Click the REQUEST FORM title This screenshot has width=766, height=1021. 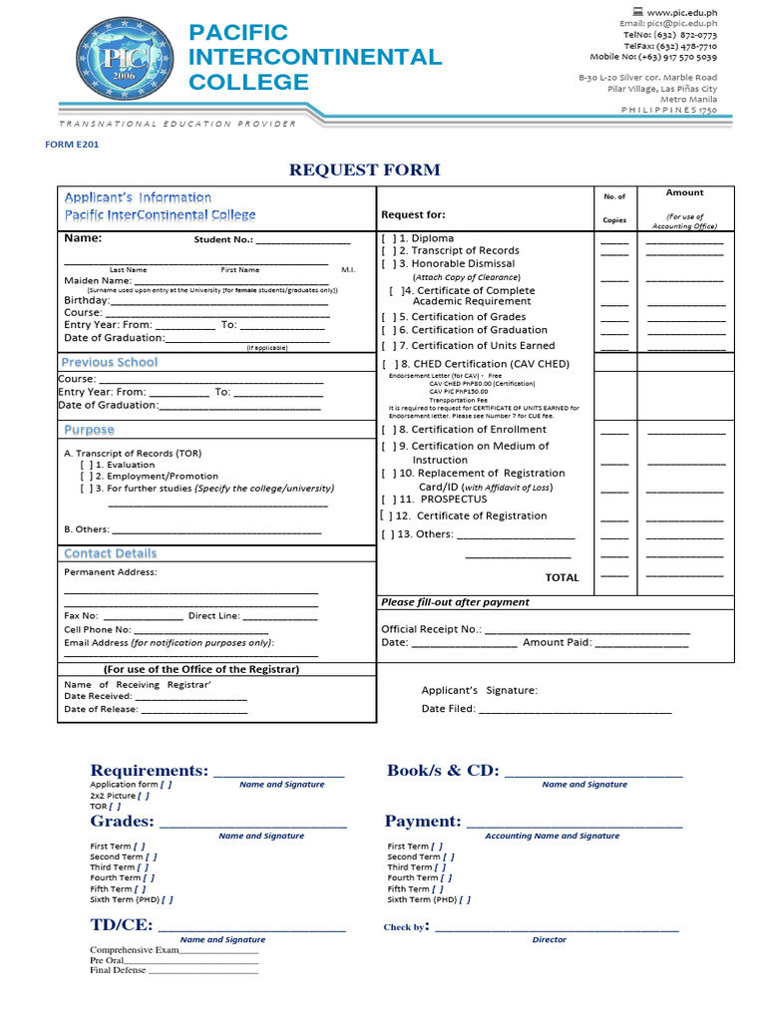pyautogui.click(x=364, y=170)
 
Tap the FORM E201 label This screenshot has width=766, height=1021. pyautogui.click(x=72, y=145)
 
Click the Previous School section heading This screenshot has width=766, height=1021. pyautogui.click(x=110, y=362)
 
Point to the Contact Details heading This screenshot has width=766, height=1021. pyautogui.click(x=110, y=553)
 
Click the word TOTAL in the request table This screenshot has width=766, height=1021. pyautogui.click(x=562, y=577)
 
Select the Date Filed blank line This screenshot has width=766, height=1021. pyautogui.click(x=574, y=711)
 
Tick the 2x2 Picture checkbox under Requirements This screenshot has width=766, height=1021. pyautogui.click(x=144, y=796)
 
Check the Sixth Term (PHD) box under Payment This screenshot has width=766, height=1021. pyautogui.click(x=465, y=899)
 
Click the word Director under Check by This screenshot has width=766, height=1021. pyautogui.click(x=549, y=939)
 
